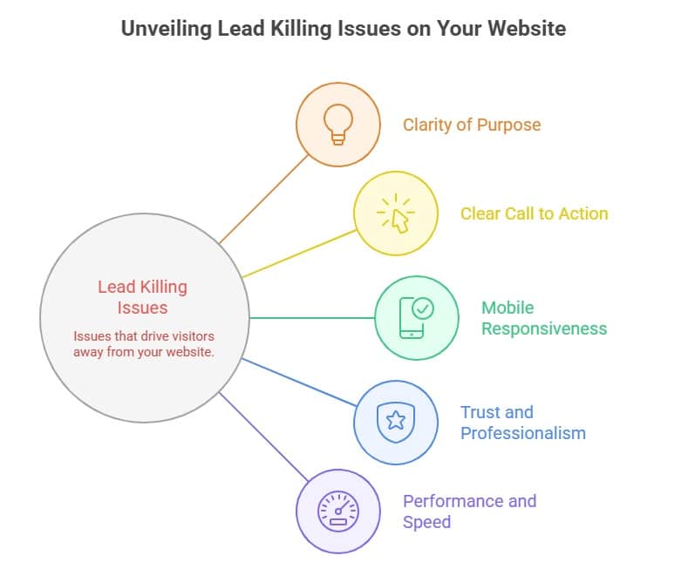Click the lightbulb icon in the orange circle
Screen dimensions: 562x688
[338, 125]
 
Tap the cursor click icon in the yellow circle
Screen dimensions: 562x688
[396, 213]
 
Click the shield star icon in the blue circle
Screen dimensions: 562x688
[395, 423]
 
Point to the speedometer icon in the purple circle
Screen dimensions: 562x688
[338, 510]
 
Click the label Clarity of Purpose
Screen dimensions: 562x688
[471, 125]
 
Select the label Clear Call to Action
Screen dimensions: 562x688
[534, 213]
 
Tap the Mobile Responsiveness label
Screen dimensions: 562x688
[543, 318]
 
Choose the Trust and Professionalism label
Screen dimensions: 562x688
[522, 423]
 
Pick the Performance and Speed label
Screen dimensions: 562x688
[469, 511]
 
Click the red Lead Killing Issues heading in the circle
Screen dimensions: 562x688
[142, 297]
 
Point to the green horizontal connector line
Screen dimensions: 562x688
[311, 318]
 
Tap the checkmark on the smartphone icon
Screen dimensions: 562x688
[423, 308]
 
